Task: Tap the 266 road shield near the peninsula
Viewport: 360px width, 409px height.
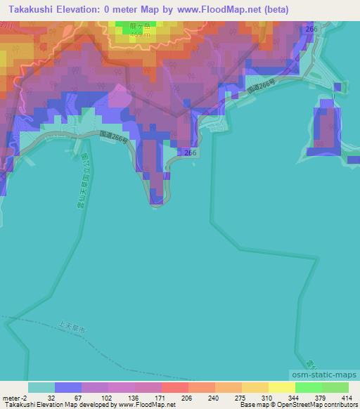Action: click(x=190, y=152)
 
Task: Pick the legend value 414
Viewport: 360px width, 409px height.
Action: click(x=345, y=397)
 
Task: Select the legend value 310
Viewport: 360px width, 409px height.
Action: click(x=265, y=397)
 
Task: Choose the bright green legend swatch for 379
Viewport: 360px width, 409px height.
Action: click(x=308, y=387)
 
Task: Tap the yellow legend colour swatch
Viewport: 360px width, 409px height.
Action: click(x=281, y=387)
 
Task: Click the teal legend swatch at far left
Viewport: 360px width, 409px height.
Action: click(x=41, y=387)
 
